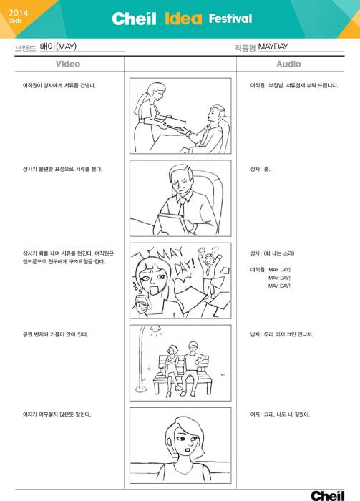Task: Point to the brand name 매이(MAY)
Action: [x=58, y=47]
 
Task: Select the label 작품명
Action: [x=245, y=47]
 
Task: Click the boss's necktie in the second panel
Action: [x=183, y=203]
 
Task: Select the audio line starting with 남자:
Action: [x=281, y=334]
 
